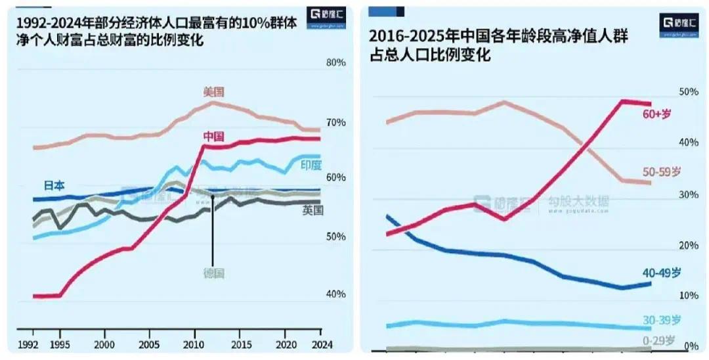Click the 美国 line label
pyautogui.click(x=213, y=92)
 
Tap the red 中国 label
pyautogui.click(x=213, y=137)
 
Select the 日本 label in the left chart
pyautogui.click(x=54, y=186)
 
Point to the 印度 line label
pyautogui.click(x=311, y=165)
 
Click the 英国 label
pyautogui.click(x=312, y=210)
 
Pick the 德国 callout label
pyautogui.click(x=213, y=272)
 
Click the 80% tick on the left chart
pyautogui.click(x=335, y=63)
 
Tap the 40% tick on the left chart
pyautogui.click(x=335, y=294)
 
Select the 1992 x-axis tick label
pyautogui.click(x=27, y=344)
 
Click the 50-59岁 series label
pyautogui.click(x=661, y=172)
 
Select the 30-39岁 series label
pyautogui.click(x=661, y=320)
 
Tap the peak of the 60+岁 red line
pyautogui.click(x=622, y=101)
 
